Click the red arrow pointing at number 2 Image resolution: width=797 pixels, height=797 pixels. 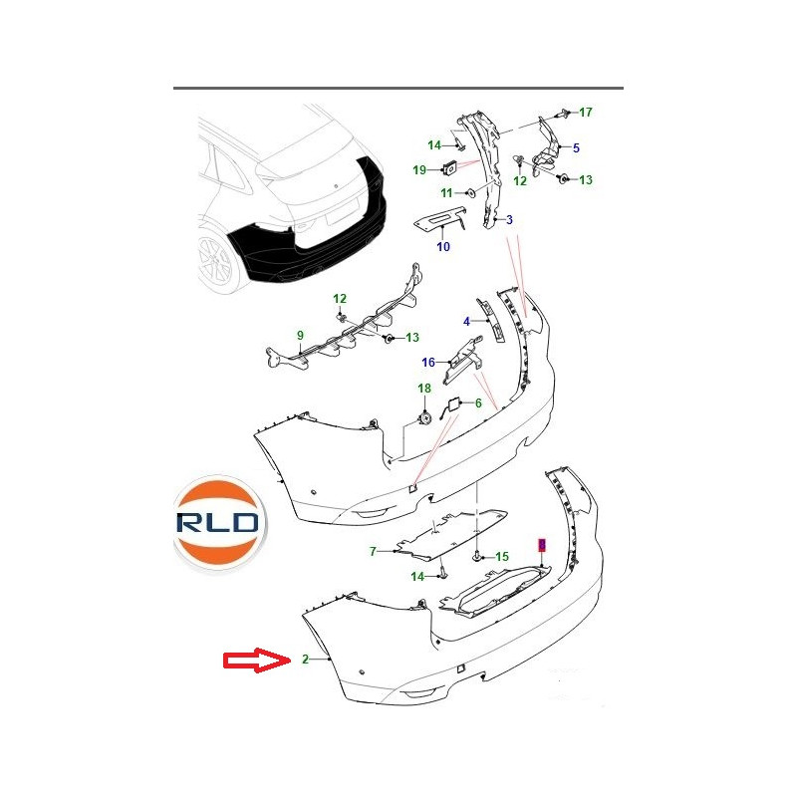coord(257,661)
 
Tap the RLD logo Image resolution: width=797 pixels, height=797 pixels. coord(219,523)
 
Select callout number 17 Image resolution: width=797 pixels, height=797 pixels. coord(586,112)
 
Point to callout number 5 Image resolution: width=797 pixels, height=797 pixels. coord(576,147)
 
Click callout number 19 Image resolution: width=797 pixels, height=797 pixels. coord(419,169)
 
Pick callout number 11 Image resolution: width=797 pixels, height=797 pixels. coord(446,193)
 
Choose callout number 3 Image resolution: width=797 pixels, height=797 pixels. coord(509,219)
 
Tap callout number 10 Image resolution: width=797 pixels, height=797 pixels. coord(443,246)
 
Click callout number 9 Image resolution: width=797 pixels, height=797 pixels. coord(301,335)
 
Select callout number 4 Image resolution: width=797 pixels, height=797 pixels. coord(466,321)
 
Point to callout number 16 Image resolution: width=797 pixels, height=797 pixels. coord(428,362)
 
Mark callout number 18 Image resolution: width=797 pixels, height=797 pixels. coord(424,389)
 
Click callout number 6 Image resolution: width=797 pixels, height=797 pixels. coord(478,403)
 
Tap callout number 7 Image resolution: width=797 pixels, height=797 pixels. coord(373,551)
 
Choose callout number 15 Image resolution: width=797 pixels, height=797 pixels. coord(502,557)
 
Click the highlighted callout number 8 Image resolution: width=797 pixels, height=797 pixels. coord(542,545)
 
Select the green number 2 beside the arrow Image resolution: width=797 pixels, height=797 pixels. coord(305,660)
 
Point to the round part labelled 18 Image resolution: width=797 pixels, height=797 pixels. coord(424,418)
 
